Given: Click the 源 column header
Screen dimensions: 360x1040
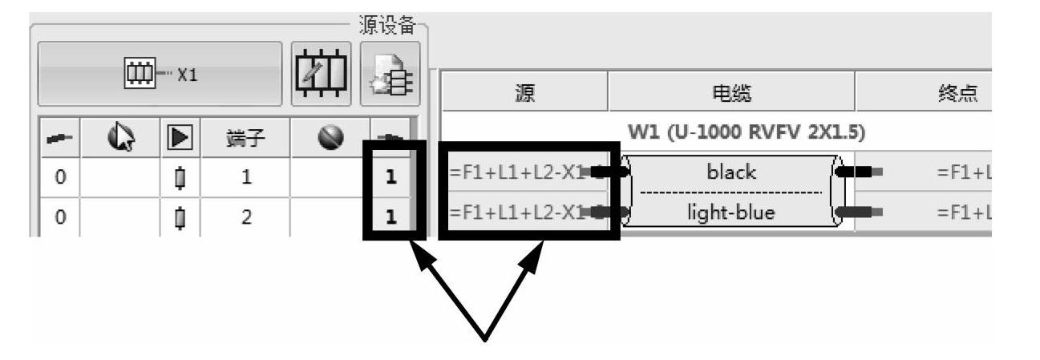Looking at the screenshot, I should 524,94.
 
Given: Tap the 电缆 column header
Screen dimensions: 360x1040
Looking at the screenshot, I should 731,94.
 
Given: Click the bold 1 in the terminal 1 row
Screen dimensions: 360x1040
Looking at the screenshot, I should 391,176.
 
